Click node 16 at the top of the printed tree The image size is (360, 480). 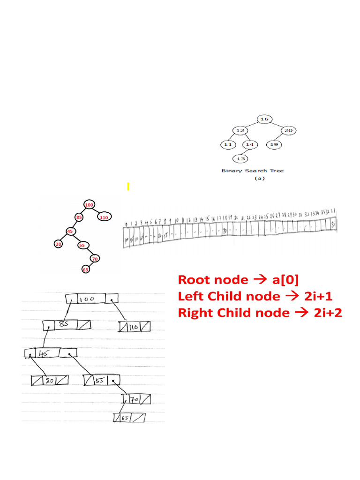[x=264, y=119]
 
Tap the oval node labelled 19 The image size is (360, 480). [x=274, y=144]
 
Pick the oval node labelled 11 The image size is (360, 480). [x=228, y=144]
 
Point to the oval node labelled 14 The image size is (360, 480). [x=250, y=144]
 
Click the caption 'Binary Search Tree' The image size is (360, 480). [x=252, y=171]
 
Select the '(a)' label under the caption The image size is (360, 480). [x=259, y=179]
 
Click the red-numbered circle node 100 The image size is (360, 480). [x=89, y=205]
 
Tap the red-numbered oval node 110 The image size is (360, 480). [x=104, y=217]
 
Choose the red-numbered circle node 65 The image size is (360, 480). [x=85, y=270]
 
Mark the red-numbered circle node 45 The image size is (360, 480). [x=70, y=231]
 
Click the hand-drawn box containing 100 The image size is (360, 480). [x=92, y=299]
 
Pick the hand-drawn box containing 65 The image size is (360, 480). [x=129, y=417]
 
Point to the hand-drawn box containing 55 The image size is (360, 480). [x=101, y=380]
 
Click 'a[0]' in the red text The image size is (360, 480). [x=284, y=280]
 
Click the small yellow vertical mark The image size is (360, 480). [x=127, y=187]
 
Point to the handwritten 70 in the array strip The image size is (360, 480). [x=225, y=231]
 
